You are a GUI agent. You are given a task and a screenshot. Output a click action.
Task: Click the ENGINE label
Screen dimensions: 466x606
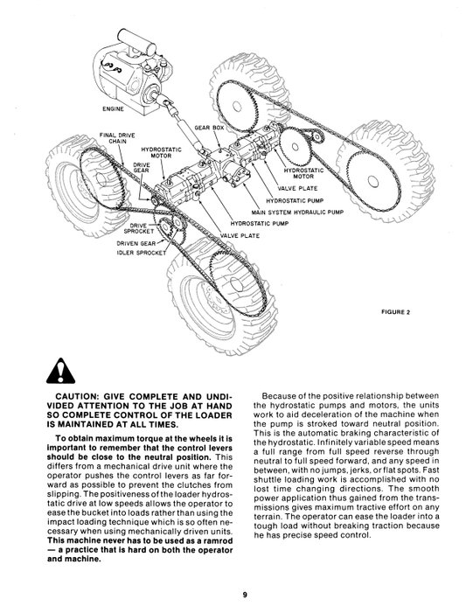[113, 109]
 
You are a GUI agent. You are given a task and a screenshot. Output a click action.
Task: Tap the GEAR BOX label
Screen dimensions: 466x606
[209, 128]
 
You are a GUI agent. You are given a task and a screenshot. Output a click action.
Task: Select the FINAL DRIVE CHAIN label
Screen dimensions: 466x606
[117, 138]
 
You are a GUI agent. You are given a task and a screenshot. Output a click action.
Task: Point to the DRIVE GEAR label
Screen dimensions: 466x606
[142, 167]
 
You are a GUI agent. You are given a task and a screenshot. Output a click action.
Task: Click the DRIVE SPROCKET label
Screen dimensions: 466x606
[139, 228]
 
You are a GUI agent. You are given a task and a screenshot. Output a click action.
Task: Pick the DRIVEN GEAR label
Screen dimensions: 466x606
[136, 243]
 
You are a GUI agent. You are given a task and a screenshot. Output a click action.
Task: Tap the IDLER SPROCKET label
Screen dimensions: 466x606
[142, 253]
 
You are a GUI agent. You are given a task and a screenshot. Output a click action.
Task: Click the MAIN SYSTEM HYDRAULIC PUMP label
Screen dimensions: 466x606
[297, 212]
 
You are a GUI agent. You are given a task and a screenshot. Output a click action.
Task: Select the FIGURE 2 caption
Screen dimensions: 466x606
[395, 312]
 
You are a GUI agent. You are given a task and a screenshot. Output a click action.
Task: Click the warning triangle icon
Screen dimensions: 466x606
[60, 371]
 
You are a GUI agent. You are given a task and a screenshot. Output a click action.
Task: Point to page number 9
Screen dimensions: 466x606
[245, 595]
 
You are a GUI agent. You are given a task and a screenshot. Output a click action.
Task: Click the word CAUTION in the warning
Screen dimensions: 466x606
[78, 396]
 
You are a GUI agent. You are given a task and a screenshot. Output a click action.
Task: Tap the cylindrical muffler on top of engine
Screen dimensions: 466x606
[136, 42]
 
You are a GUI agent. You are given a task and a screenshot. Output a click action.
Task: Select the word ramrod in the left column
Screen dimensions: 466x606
[219, 540]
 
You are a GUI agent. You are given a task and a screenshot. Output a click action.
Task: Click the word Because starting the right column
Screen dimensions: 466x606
[277, 396]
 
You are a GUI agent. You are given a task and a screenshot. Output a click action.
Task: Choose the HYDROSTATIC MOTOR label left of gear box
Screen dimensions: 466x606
[161, 152]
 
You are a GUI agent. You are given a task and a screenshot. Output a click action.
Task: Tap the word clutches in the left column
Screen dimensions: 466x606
[197, 484]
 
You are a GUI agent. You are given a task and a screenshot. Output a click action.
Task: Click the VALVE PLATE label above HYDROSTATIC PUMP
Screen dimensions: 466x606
[297, 189]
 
